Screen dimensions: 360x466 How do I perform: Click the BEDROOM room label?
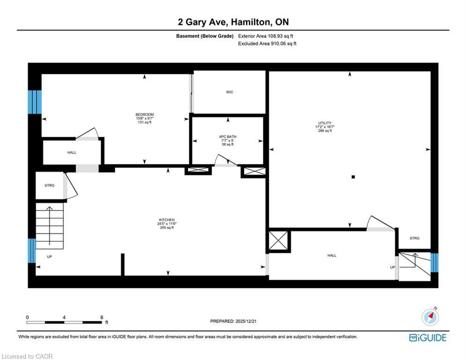144,114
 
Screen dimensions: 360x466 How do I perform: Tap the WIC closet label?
229,92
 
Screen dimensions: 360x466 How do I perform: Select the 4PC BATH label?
227,137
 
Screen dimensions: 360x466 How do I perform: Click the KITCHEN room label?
167,220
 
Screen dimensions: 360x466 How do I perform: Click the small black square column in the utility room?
354,177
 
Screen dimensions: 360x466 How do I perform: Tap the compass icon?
430,317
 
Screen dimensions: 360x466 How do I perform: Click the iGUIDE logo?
428,337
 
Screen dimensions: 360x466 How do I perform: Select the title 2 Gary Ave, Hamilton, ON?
233,22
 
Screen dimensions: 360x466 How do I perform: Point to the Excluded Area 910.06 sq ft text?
267,44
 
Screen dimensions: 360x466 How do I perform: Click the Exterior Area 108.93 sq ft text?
266,36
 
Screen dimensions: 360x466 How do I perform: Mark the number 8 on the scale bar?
102,317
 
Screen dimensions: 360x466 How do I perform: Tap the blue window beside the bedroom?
35,102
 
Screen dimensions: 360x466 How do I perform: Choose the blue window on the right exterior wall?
434,262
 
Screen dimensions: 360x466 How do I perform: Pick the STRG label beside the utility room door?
414,238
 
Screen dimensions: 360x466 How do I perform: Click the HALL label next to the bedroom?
72,152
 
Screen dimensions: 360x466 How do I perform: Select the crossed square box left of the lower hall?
280,241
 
